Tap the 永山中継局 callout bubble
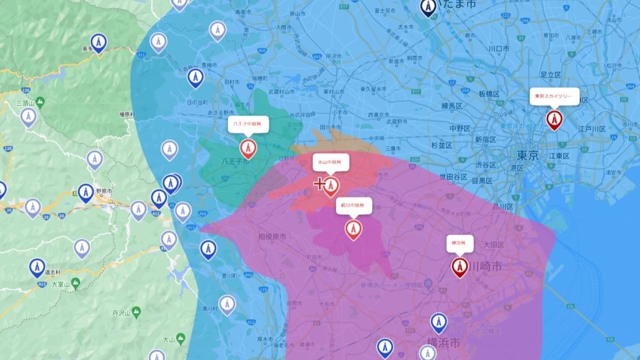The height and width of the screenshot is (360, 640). (330, 162)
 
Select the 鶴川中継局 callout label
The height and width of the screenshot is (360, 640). (353, 205)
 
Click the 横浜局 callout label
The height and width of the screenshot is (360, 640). (459, 243)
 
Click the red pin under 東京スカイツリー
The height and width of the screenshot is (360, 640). (554, 119)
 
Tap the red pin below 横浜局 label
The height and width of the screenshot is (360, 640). (459, 266)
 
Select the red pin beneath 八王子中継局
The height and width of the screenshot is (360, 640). (248, 148)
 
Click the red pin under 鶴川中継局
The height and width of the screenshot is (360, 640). (353, 229)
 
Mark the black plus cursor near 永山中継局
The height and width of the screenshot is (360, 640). (319, 184)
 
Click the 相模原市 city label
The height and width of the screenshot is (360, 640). (273, 236)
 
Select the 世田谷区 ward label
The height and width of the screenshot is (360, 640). (453, 177)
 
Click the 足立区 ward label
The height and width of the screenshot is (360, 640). (551, 74)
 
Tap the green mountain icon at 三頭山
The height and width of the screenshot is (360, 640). (40, 102)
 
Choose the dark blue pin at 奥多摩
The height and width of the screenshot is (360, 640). (99, 43)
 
